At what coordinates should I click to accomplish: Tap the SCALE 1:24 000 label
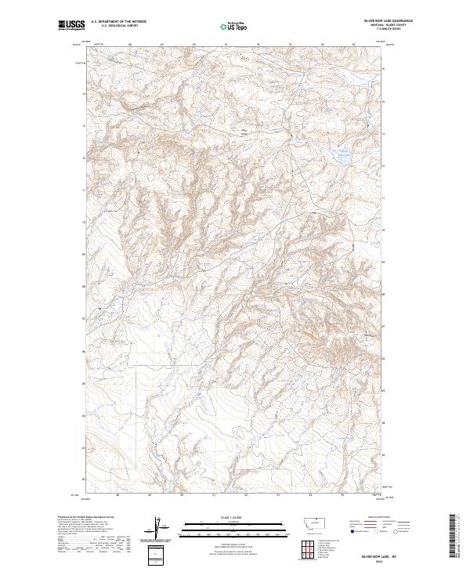point(226,517)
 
